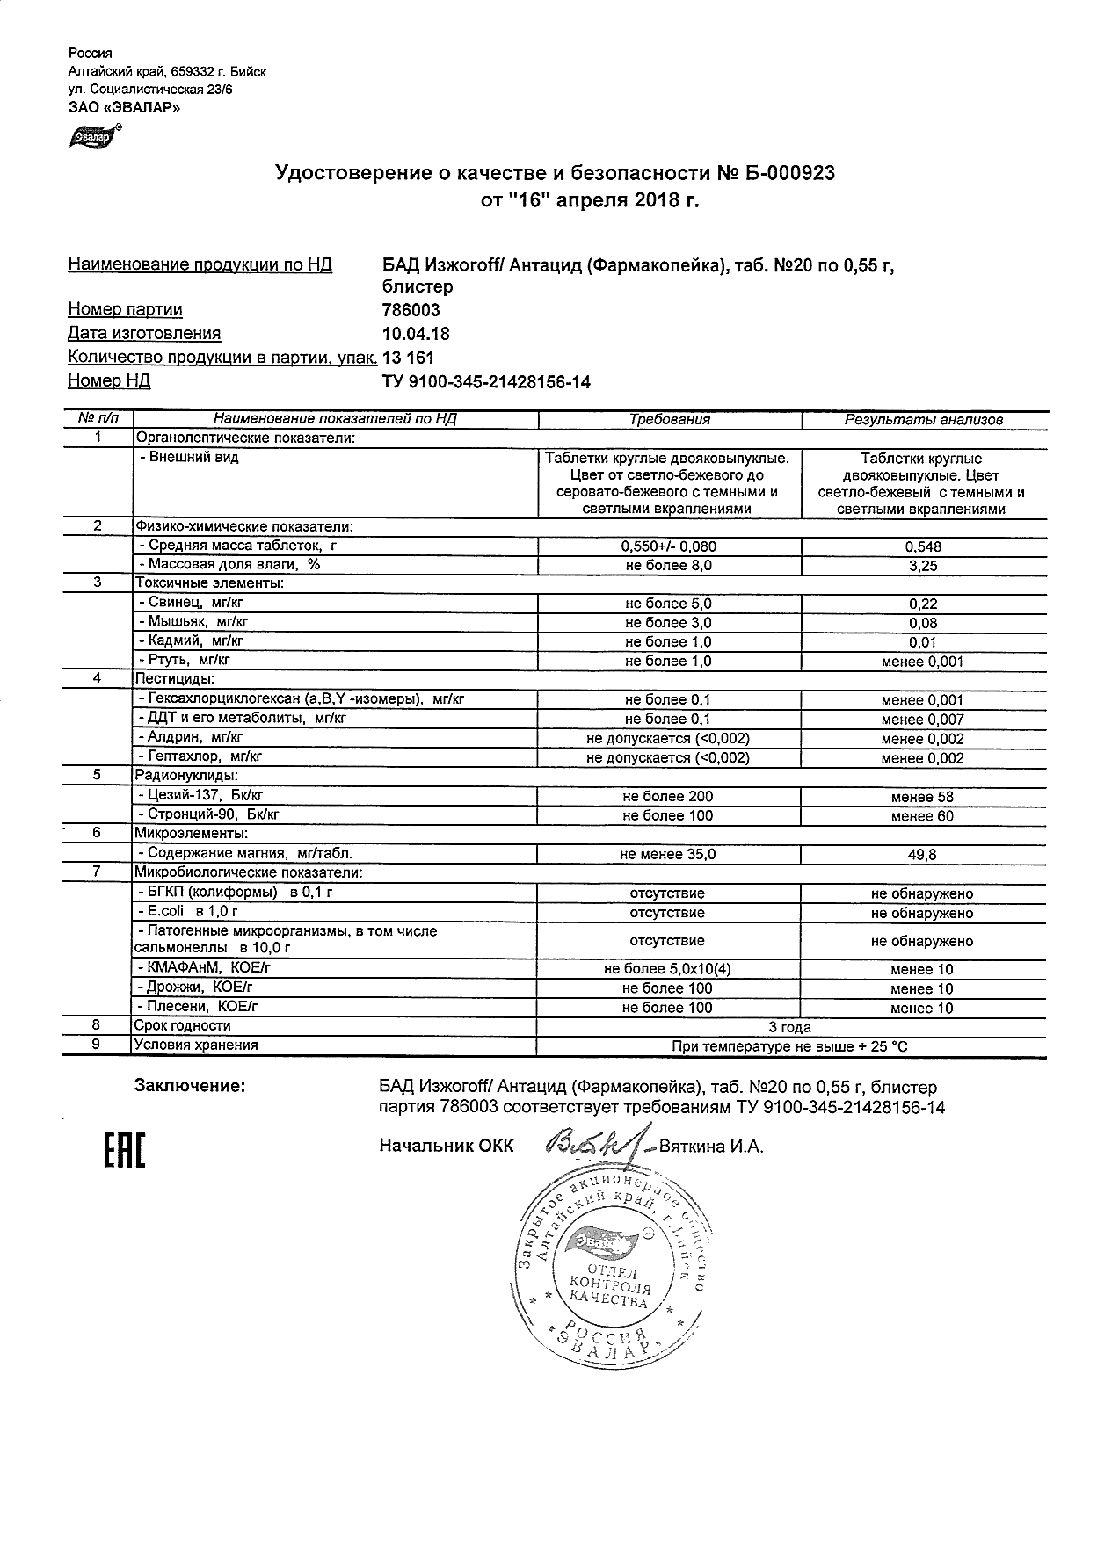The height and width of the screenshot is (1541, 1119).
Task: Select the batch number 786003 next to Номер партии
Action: [x=411, y=310]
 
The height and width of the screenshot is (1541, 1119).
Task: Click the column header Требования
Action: [x=669, y=420]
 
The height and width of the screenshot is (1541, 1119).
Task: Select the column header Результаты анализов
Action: [x=923, y=420]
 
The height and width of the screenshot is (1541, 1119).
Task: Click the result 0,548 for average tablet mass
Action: [x=922, y=546]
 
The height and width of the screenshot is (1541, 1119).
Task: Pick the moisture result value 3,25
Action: [x=922, y=566]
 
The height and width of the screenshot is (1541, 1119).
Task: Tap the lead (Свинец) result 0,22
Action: [x=922, y=604]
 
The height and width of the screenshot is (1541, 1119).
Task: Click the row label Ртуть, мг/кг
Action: [x=187, y=660]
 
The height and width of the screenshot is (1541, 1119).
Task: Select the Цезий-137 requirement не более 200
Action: [x=667, y=797]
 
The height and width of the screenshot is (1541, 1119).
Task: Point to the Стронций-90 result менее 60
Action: [x=922, y=816]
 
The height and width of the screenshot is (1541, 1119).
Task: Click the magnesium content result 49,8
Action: [x=922, y=854]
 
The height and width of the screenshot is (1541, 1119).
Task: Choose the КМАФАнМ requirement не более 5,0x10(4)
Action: [x=667, y=970]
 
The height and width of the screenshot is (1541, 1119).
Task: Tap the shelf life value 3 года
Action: [x=789, y=1027]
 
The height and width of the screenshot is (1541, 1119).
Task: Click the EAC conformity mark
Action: [x=125, y=1152]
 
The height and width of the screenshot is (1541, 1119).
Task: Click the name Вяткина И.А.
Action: [x=711, y=1147]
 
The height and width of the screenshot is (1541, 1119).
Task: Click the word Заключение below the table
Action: [x=189, y=1087]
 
